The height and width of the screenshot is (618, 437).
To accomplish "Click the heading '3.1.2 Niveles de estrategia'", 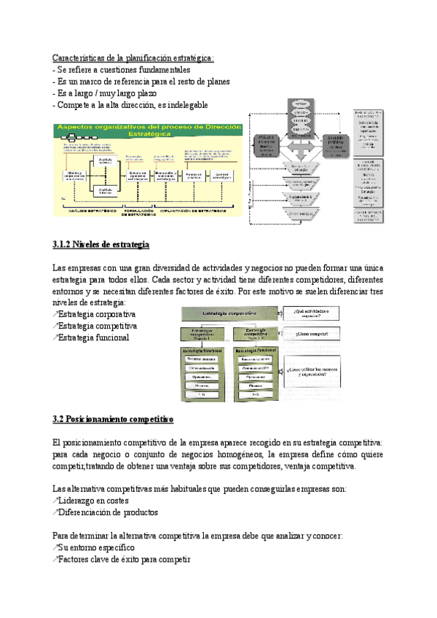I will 101,243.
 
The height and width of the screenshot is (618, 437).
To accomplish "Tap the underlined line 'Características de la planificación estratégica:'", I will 134,58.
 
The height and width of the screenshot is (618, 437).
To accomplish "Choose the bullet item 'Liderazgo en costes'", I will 92,501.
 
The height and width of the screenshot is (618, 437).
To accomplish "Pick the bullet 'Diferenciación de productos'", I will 107,512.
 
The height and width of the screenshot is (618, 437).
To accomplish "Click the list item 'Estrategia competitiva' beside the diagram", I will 97,326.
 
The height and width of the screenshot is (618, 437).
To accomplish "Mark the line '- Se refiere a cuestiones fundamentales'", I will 117,69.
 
